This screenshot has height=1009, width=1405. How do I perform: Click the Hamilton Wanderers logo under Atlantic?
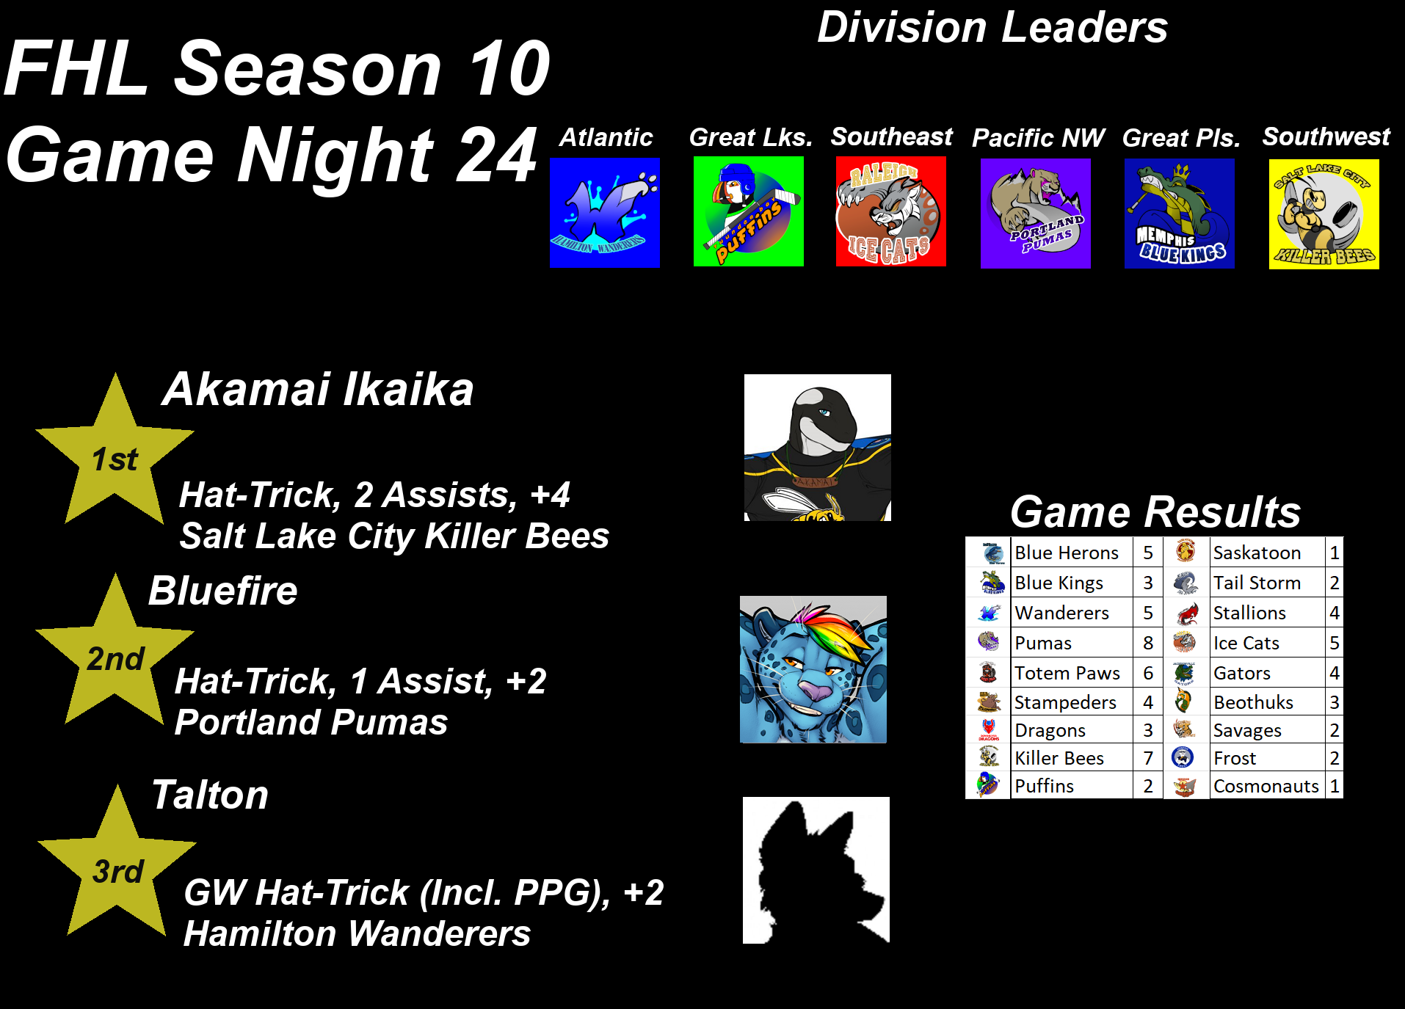pyautogui.click(x=605, y=213)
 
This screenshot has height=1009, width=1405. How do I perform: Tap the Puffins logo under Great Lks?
pyautogui.click(x=749, y=211)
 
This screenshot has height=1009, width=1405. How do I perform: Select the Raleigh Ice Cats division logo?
pyautogui.click(x=891, y=211)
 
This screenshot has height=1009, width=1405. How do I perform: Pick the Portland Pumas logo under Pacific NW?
pyautogui.click(x=1036, y=214)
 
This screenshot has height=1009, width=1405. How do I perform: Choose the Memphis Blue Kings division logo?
pyautogui.click(x=1180, y=214)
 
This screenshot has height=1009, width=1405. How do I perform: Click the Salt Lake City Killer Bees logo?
pyautogui.click(x=1324, y=214)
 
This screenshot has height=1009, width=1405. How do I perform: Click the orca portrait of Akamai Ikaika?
pyautogui.click(x=818, y=448)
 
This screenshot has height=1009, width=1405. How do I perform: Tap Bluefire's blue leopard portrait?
pyautogui.click(x=813, y=669)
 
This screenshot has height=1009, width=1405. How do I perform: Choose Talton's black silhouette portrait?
pyautogui.click(x=816, y=870)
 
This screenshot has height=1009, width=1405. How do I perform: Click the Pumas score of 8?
pyautogui.click(x=1148, y=644)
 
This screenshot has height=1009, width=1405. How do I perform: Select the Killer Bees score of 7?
pyautogui.click(x=1148, y=758)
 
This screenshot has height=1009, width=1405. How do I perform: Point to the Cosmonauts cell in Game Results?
pyautogui.click(x=1267, y=786)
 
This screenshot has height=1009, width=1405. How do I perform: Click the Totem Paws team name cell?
pyautogui.click(x=1072, y=673)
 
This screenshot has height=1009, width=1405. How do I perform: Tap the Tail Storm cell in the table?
pyautogui.click(x=1267, y=583)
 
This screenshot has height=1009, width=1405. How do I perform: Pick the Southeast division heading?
pyautogui.click(x=892, y=136)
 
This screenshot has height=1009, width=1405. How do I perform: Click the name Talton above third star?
pyautogui.click(x=210, y=795)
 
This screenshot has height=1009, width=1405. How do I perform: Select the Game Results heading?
pyautogui.click(x=1155, y=511)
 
